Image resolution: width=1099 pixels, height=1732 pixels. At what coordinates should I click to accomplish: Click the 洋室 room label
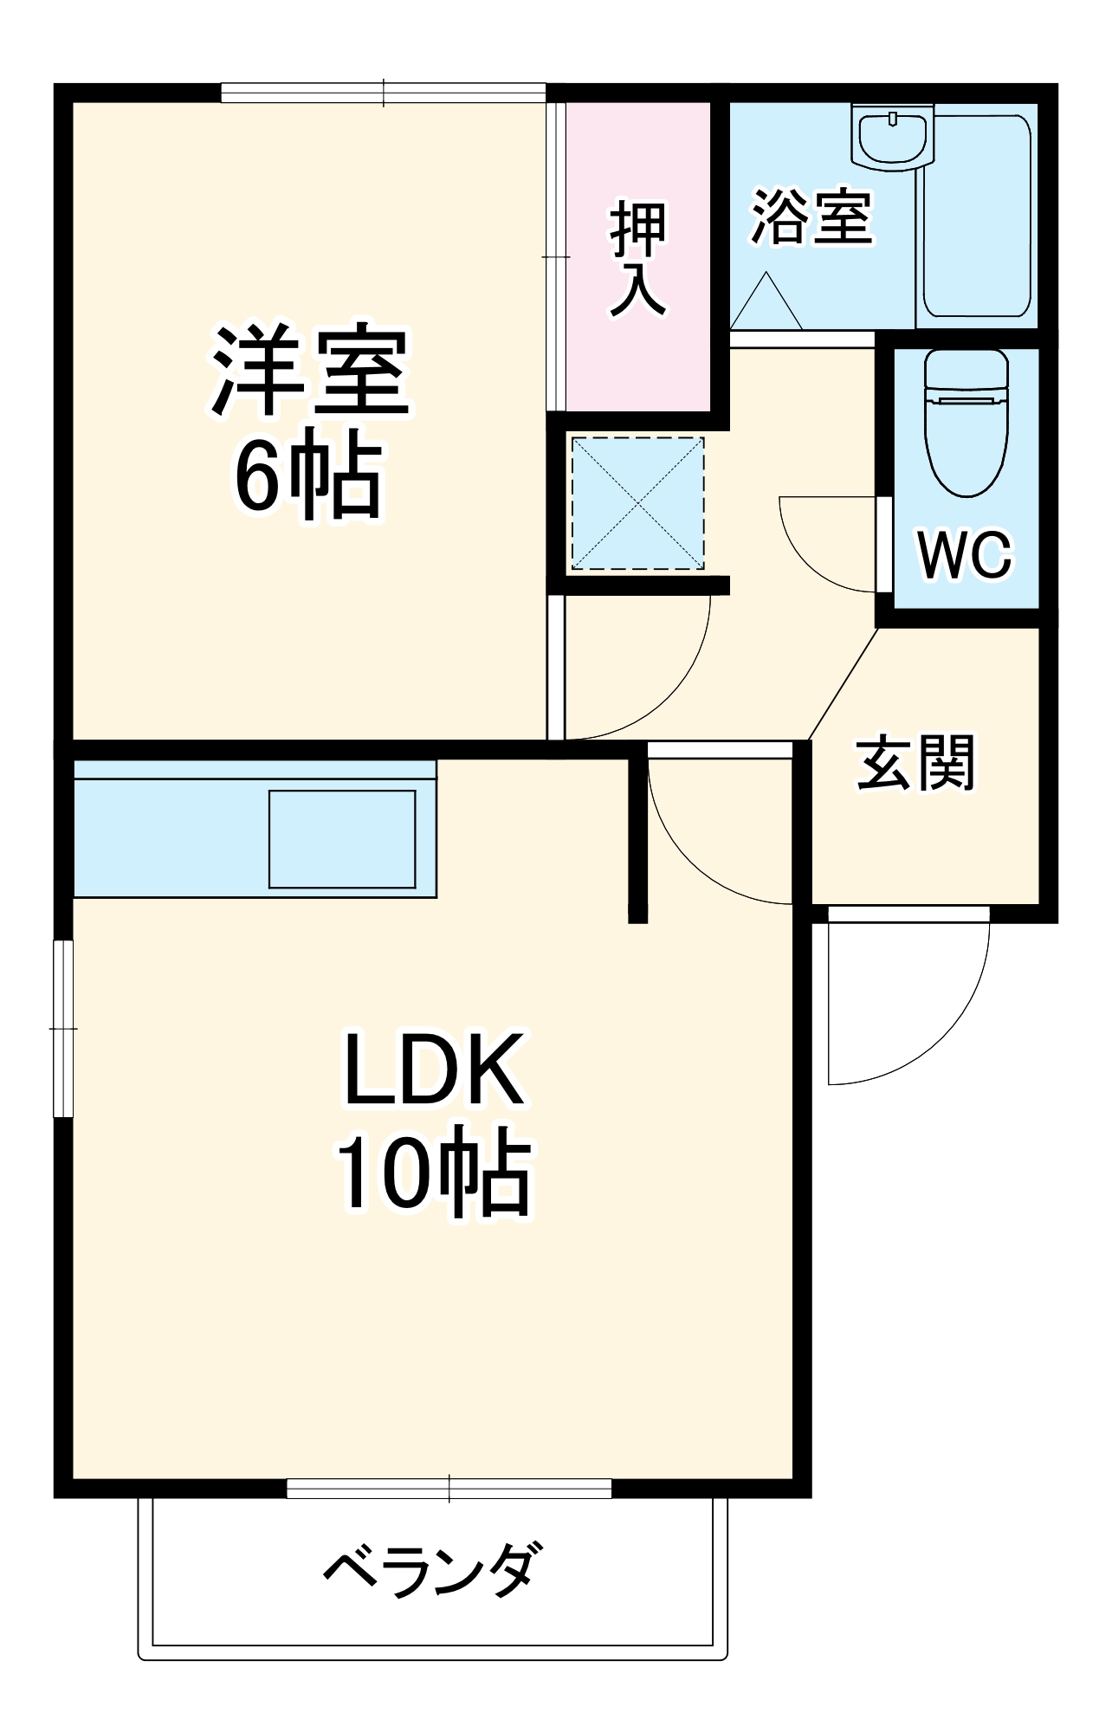pyautogui.click(x=309, y=372)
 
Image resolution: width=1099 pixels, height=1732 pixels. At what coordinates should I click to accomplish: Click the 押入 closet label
pyautogui.click(x=638, y=259)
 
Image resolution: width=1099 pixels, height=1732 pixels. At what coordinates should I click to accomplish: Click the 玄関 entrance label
pyautogui.click(x=916, y=763)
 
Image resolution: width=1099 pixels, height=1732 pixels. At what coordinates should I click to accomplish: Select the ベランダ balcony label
pyautogui.click(x=436, y=1571)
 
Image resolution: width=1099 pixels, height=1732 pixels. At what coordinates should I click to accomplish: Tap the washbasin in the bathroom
pyautogui.click(x=892, y=135)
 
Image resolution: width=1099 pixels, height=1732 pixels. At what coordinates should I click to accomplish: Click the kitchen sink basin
pyautogui.click(x=342, y=839)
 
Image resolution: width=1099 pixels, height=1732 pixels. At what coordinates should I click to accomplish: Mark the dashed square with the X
pyautogui.click(x=637, y=503)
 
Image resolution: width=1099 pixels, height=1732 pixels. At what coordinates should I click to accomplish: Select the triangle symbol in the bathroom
pyautogui.click(x=766, y=301)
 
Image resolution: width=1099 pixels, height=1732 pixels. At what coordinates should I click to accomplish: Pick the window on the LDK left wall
pyautogui.click(x=63, y=1029)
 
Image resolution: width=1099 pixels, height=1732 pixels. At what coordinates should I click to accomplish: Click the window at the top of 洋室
pyautogui.click(x=384, y=93)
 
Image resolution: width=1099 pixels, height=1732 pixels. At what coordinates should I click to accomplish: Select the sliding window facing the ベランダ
pyautogui.click(x=449, y=1489)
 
